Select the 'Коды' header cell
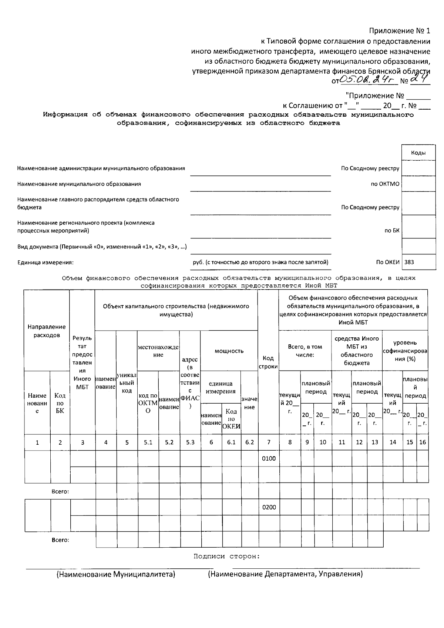tap(418, 153)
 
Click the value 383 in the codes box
tap(409, 262)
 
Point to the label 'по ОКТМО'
tap(385, 184)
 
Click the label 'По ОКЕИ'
tap(388, 262)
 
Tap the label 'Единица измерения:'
tap(46, 263)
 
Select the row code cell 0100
tap(269, 458)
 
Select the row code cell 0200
tap(269, 507)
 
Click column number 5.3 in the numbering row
tap(190, 442)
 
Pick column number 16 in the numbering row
tap(423, 442)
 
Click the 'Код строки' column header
tap(268, 362)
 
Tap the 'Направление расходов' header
tap(47, 331)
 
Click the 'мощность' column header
tap(229, 351)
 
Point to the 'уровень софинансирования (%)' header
tap(405, 351)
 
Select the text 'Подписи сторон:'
tap(226, 556)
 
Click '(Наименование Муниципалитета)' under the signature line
tap(115, 574)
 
